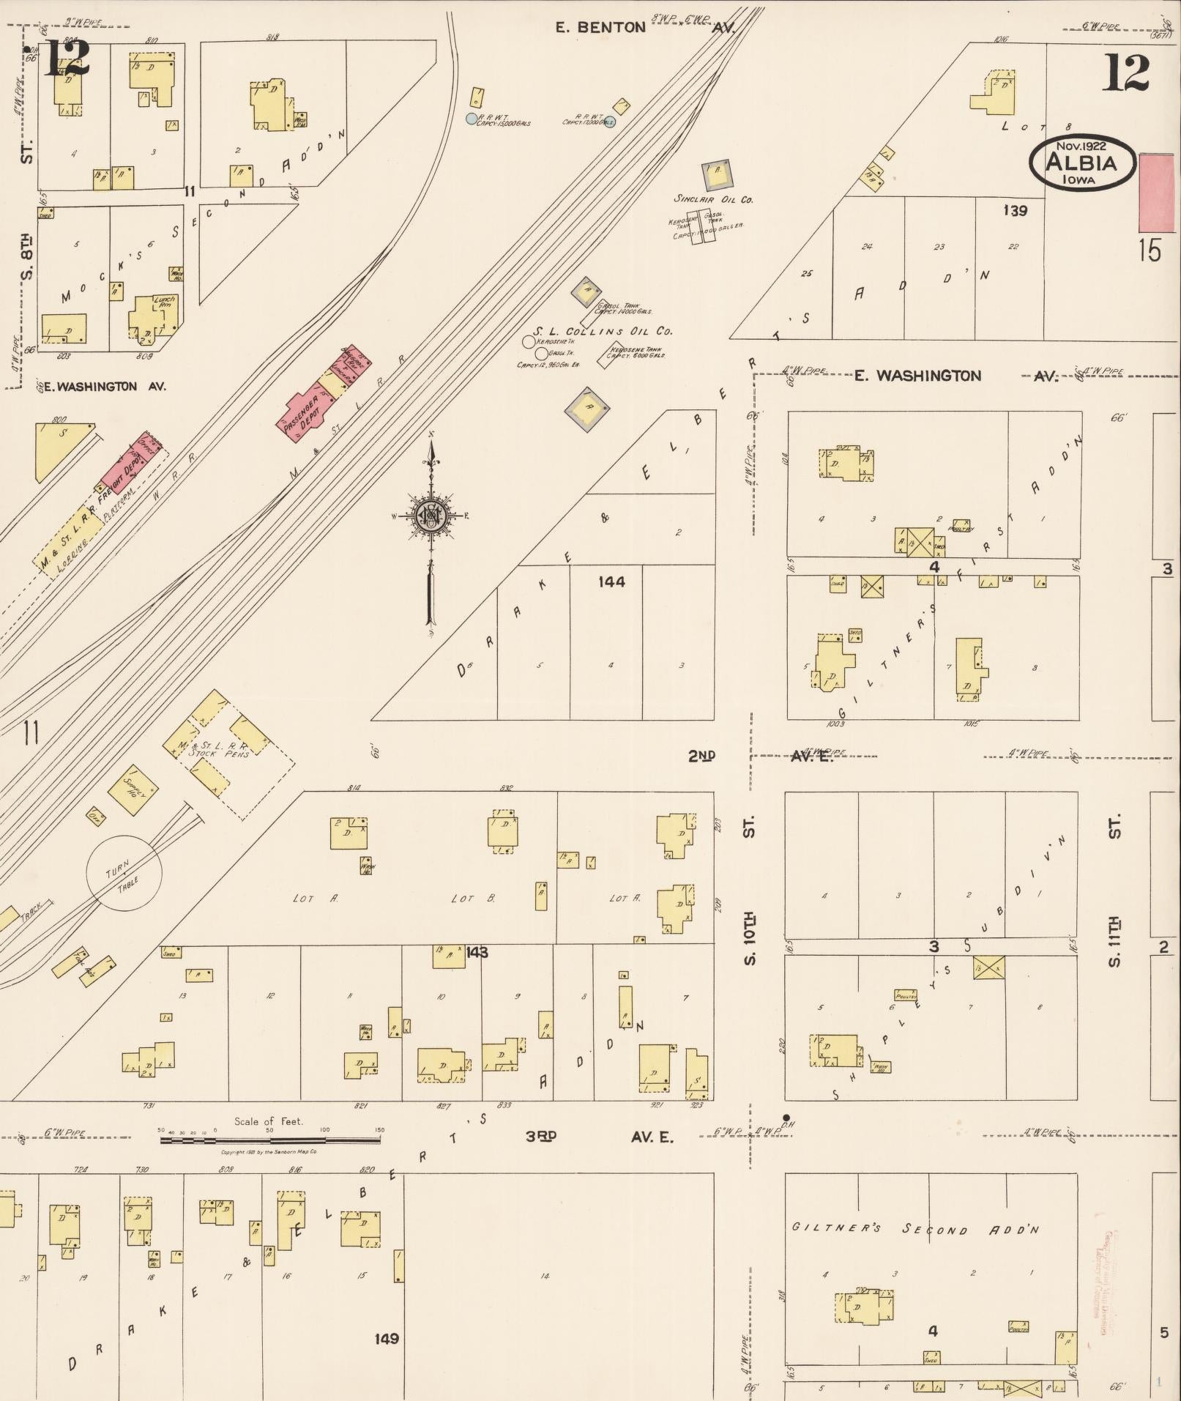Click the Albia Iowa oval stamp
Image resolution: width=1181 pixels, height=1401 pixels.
coord(1081,162)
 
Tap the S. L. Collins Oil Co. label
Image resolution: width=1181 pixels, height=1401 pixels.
coord(602,331)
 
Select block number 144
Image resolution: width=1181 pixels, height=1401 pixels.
coord(611,581)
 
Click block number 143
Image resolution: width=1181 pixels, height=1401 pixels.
coord(476,952)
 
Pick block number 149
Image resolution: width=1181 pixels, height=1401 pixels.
coord(387,1338)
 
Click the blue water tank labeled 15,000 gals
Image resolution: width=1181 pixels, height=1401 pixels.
coord(472,118)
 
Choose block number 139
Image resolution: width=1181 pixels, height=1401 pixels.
coord(1015,211)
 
